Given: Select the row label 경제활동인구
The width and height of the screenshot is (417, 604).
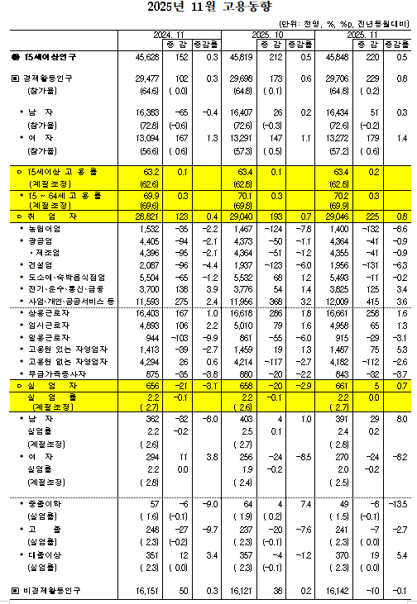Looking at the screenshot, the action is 50,78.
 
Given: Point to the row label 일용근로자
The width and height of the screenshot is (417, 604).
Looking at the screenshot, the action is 46,339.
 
